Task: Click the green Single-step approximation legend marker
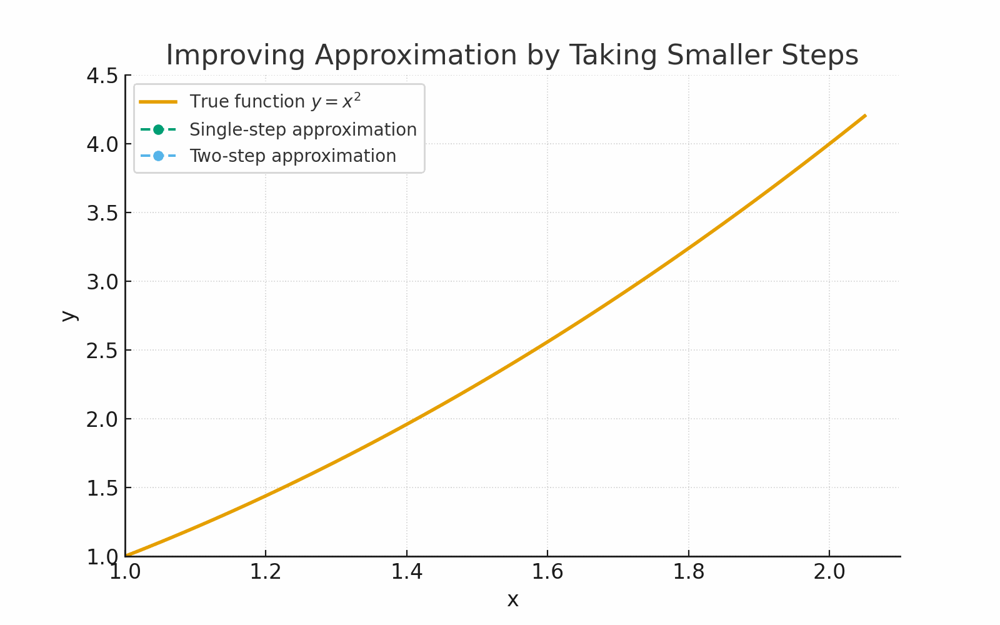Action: point(158,130)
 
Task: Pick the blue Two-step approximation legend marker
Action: point(158,156)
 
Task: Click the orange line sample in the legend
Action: point(158,102)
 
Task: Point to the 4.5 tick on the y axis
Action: point(102,76)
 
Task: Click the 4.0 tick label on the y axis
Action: point(102,144)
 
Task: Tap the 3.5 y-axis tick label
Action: point(102,213)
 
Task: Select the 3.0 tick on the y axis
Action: point(102,282)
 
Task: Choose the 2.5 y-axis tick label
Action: point(102,351)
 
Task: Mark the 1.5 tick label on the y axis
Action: point(102,488)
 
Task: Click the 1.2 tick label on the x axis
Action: point(266,572)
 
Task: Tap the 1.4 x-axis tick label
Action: point(407,572)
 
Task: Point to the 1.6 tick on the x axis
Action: point(547,572)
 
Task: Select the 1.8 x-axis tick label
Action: point(688,572)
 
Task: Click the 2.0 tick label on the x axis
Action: point(829,572)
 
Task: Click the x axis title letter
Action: point(512,600)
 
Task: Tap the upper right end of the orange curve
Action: point(865,116)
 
